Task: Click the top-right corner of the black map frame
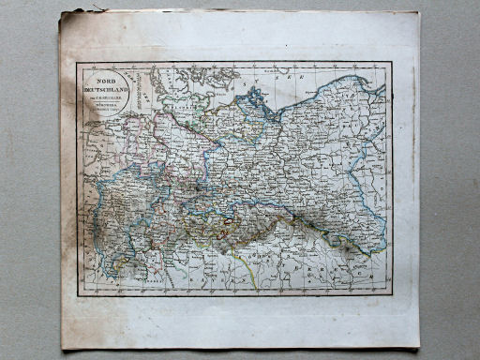point(392,64)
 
